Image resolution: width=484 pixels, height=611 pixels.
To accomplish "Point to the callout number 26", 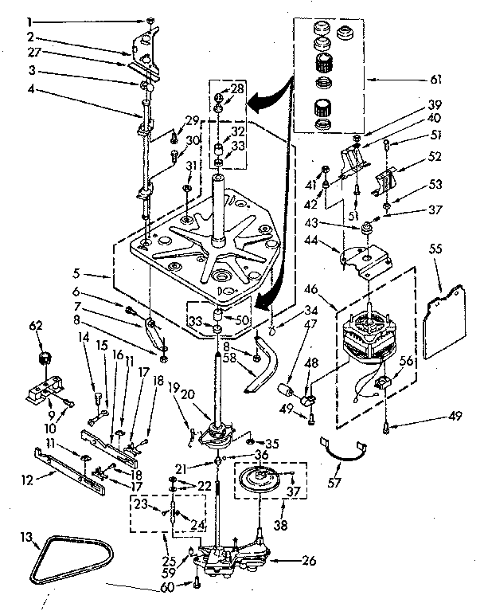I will [310, 560].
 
